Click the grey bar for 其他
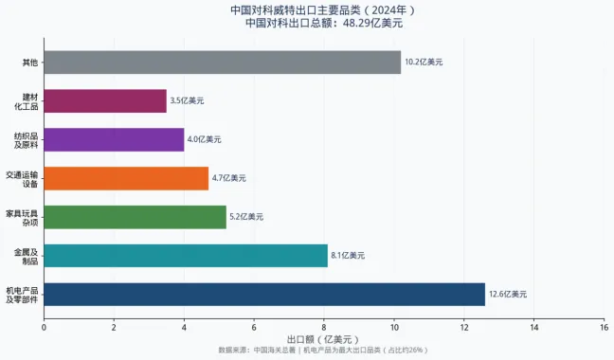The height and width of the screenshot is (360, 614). pos(223,63)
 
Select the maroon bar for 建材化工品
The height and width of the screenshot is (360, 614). pos(105,101)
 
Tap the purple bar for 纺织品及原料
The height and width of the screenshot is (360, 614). pos(114,139)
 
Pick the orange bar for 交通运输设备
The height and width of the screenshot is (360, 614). pos(126,178)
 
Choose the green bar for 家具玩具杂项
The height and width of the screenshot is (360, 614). pos(135,217)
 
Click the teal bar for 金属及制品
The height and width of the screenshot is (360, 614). pos(186,256)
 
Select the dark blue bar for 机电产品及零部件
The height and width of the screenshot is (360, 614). pos(264,294)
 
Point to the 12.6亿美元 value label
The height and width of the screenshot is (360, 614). pos(508,295)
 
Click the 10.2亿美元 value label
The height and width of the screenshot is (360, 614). pos(424,63)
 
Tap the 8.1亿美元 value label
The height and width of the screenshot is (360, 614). pos(347,256)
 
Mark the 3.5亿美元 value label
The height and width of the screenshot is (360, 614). pos(187,101)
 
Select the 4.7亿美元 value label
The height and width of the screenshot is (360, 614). pos(228,178)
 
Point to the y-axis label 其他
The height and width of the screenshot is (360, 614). pos(29,63)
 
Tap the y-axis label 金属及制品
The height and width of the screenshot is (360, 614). pos(26,256)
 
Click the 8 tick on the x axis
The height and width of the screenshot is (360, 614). pos(324,327)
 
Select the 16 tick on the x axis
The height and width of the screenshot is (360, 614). pos(605,327)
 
